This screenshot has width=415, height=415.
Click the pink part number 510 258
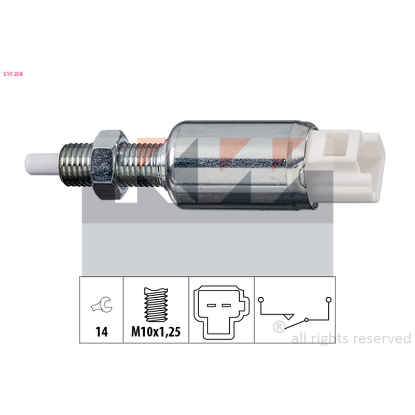tap(13, 74)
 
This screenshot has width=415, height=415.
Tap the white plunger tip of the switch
tap(43, 164)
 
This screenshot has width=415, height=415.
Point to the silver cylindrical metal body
tap(238, 165)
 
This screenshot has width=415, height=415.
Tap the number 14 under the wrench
tap(102, 331)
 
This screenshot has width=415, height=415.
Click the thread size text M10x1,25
tap(156, 331)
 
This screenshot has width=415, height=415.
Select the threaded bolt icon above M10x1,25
tap(156, 305)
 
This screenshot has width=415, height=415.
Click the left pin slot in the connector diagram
tap(211, 306)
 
